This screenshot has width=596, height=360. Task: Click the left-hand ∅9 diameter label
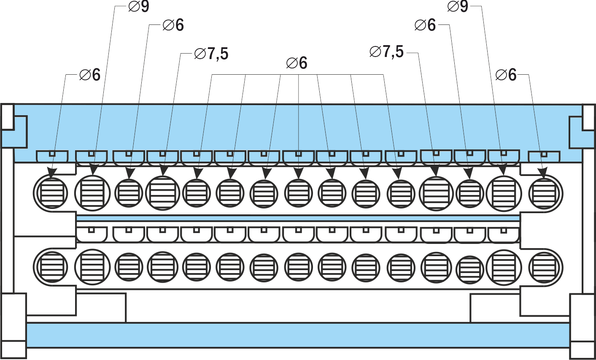pos(139,6)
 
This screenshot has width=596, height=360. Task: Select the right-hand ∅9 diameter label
pos(458,6)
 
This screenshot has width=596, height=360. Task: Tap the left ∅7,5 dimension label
pos(211,54)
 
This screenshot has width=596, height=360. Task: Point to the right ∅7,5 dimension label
pos(387,51)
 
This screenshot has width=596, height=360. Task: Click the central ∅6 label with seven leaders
pos(297,63)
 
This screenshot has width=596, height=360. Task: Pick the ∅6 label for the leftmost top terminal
pos(90,75)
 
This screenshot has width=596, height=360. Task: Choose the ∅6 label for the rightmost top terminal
pos(506,75)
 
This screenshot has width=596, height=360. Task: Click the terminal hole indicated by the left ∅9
pos(92,193)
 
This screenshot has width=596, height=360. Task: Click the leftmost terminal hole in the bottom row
pos(52,267)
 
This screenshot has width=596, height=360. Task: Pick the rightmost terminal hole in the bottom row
pos(545,267)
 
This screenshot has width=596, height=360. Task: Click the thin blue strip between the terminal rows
pos(298,218)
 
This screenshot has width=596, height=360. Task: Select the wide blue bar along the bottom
pos(298,335)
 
